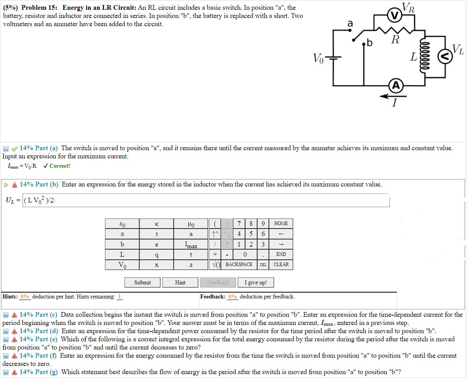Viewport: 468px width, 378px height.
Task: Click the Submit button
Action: tap(142, 282)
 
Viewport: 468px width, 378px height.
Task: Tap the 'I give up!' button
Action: tap(255, 282)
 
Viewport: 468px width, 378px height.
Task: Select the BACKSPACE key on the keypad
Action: tap(239, 264)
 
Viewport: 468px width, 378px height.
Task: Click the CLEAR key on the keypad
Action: tap(281, 264)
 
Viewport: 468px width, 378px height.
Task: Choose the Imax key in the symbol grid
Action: tap(191, 245)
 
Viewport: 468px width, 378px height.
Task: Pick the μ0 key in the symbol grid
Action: tap(191, 224)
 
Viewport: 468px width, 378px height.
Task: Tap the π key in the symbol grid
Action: tap(122, 234)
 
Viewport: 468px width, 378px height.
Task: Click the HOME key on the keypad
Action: tap(281, 224)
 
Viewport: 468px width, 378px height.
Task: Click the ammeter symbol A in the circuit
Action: tap(396, 86)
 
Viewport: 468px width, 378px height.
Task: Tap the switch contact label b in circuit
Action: tap(369, 43)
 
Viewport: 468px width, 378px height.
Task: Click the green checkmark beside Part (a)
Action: tap(15, 148)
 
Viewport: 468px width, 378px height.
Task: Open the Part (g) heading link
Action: tap(38, 372)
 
